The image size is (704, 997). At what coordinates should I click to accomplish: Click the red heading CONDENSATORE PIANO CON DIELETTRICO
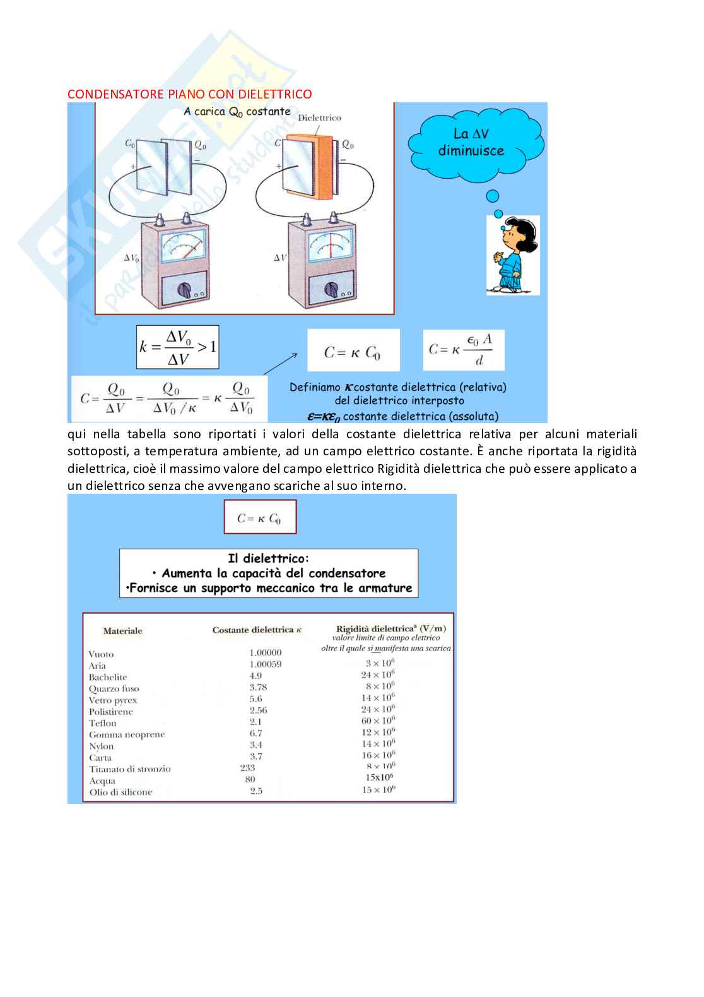[189, 94]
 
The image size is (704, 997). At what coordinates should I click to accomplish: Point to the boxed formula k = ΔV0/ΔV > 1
[177, 347]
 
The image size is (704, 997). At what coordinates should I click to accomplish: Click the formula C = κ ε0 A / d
[463, 350]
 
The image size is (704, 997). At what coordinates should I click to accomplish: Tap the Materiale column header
[122, 631]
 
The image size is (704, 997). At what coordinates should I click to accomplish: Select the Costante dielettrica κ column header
[257, 630]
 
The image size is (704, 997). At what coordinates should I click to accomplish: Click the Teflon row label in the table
[102, 723]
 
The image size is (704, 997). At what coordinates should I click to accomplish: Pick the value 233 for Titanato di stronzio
[247, 768]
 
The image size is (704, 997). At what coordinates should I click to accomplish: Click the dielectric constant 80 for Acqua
[250, 779]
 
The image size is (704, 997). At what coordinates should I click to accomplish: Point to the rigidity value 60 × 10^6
[378, 720]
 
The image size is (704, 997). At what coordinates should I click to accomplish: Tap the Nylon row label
[101, 746]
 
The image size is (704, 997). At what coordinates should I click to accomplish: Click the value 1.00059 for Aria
[265, 664]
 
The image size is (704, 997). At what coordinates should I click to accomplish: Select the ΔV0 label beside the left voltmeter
[131, 258]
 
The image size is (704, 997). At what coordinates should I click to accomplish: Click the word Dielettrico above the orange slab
[319, 117]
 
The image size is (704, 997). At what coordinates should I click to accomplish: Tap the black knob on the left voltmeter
[185, 290]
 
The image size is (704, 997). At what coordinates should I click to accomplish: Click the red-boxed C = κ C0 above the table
[259, 518]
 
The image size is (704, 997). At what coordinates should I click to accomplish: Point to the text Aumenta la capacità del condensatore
[273, 573]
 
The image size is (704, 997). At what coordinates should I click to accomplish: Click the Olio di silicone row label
[120, 792]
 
